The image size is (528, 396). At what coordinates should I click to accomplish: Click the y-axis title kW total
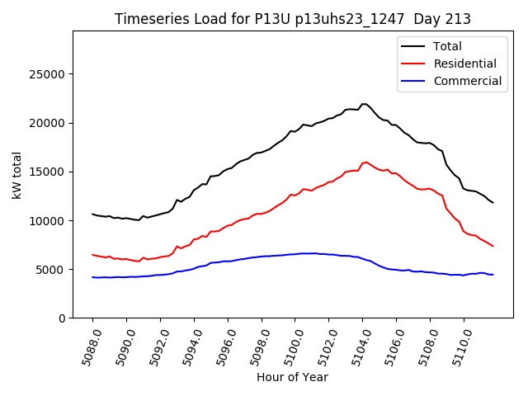pyautogui.click(x=17, y=175)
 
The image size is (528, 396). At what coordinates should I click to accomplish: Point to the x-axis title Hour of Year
pyautogui.click(x=292, y=377)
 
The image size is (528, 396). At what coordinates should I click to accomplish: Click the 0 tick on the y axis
pyautogui.click(x=62, y=318)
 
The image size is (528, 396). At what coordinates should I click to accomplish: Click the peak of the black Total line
pyautogui.click(x=364, y=104)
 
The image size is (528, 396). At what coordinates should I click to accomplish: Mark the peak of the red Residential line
pyautogui.click(x=365, y=162)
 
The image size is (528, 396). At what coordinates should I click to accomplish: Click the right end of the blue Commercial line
pyautogui.click(x=493, y=275)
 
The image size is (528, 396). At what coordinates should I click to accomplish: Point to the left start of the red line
pyautogui.click(x=92, y=255)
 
